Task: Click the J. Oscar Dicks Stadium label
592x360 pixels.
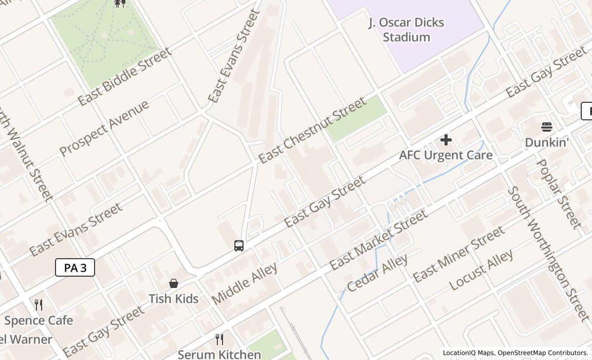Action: (406, 30)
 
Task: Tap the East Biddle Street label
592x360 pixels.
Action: (124, 77)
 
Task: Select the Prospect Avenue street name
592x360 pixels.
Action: (104, 128)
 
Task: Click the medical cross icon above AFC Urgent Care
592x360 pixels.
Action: (446, 140)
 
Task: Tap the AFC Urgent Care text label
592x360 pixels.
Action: (446, 155)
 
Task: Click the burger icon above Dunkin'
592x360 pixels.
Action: (546, 127)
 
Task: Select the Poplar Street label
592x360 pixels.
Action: (559, 194)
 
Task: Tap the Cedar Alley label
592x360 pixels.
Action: (377, 273)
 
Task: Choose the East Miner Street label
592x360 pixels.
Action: (458, 255)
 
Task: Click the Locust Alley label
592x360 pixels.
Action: (480, 270)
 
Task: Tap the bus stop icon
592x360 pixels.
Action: (238, 246)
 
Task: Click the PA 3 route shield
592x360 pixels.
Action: (75, 267)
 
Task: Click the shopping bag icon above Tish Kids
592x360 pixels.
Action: (174, 283)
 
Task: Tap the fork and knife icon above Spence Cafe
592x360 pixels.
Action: (39, 304)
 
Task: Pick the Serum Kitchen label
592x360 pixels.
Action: (219, 354)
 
